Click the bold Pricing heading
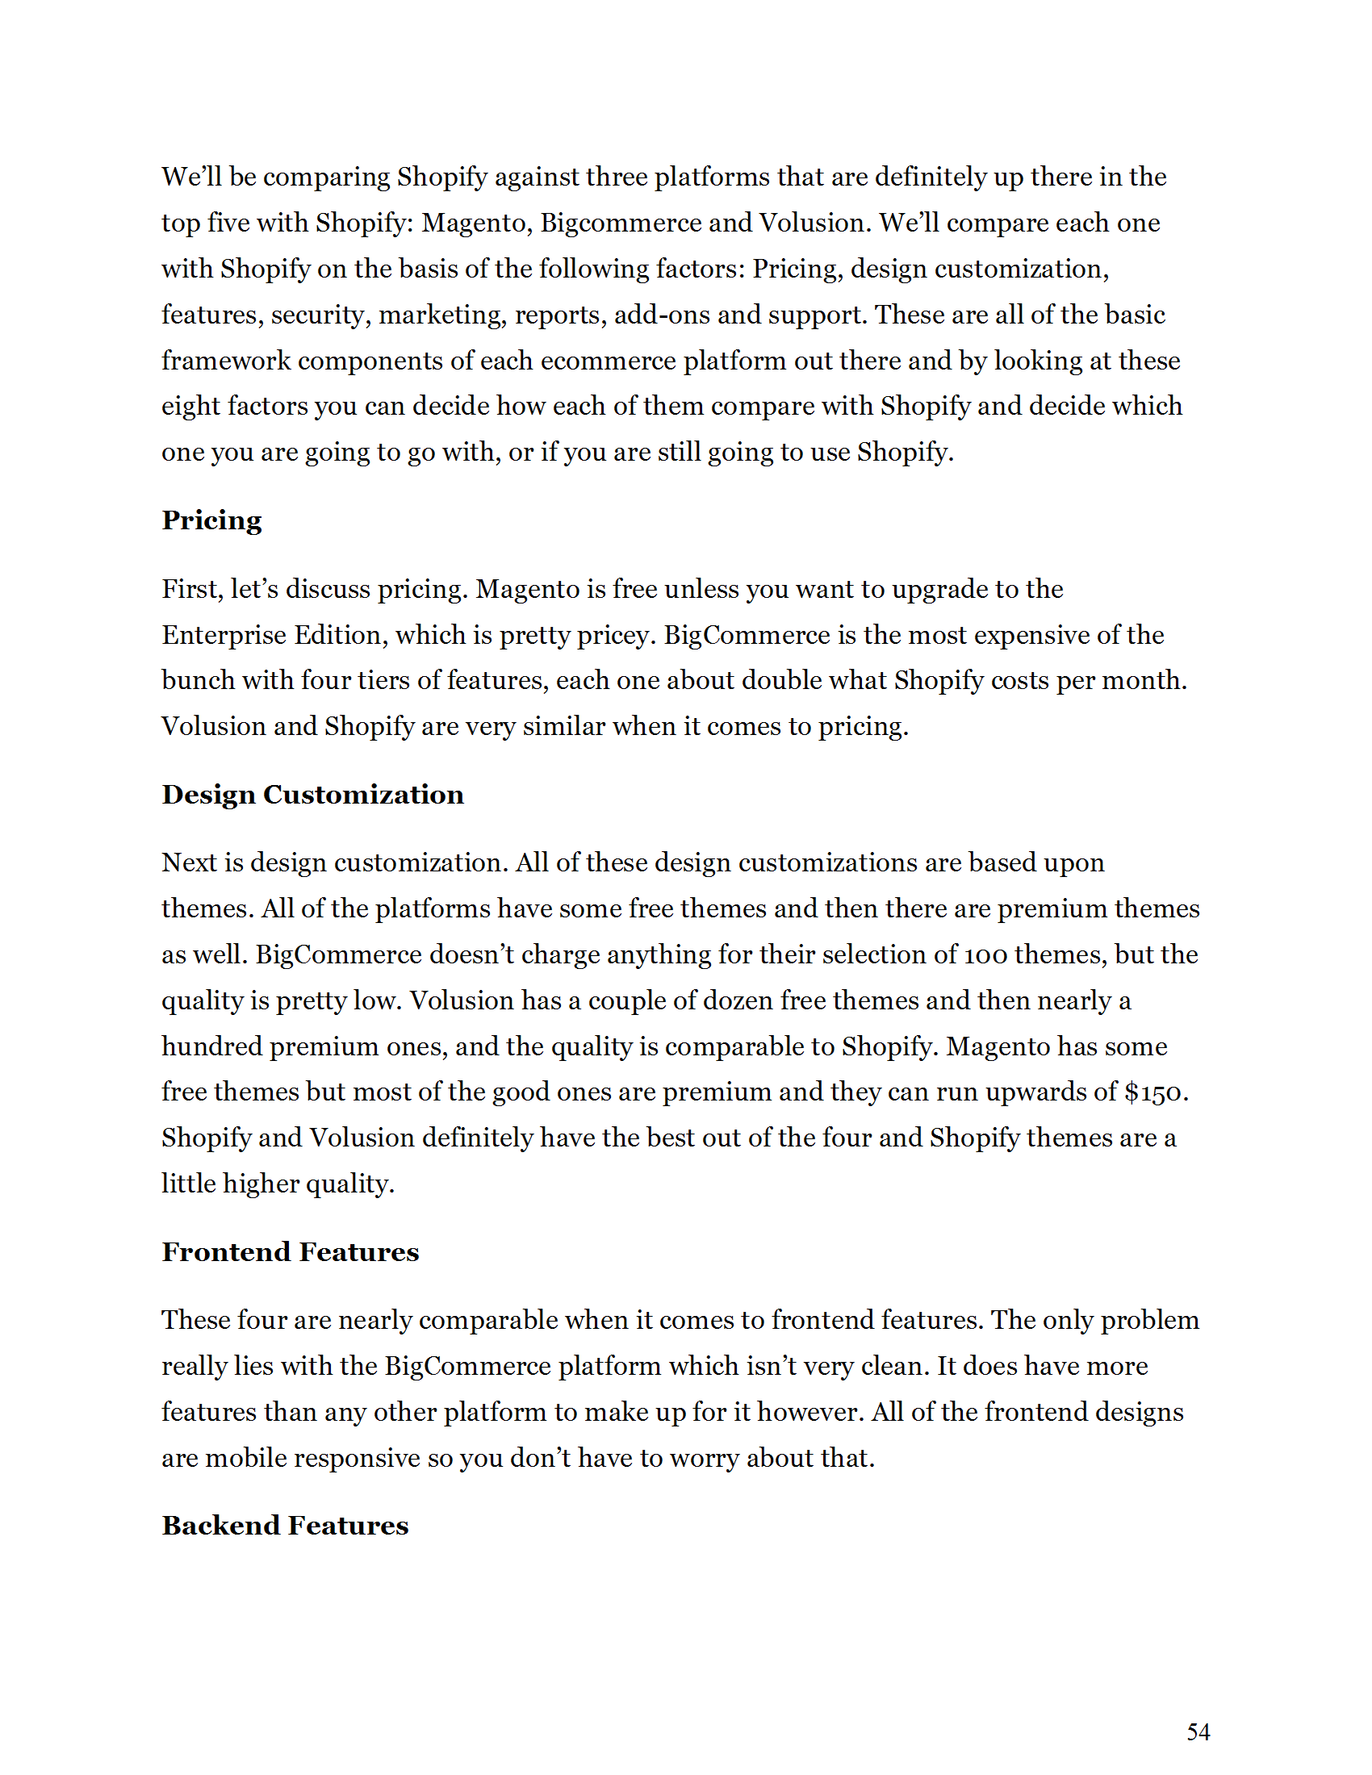point(211,520)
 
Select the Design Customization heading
point(313,794)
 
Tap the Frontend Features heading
point(291,1251)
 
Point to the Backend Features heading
point(284,1526)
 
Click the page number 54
point(1198,1732)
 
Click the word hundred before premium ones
point(211,1046)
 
